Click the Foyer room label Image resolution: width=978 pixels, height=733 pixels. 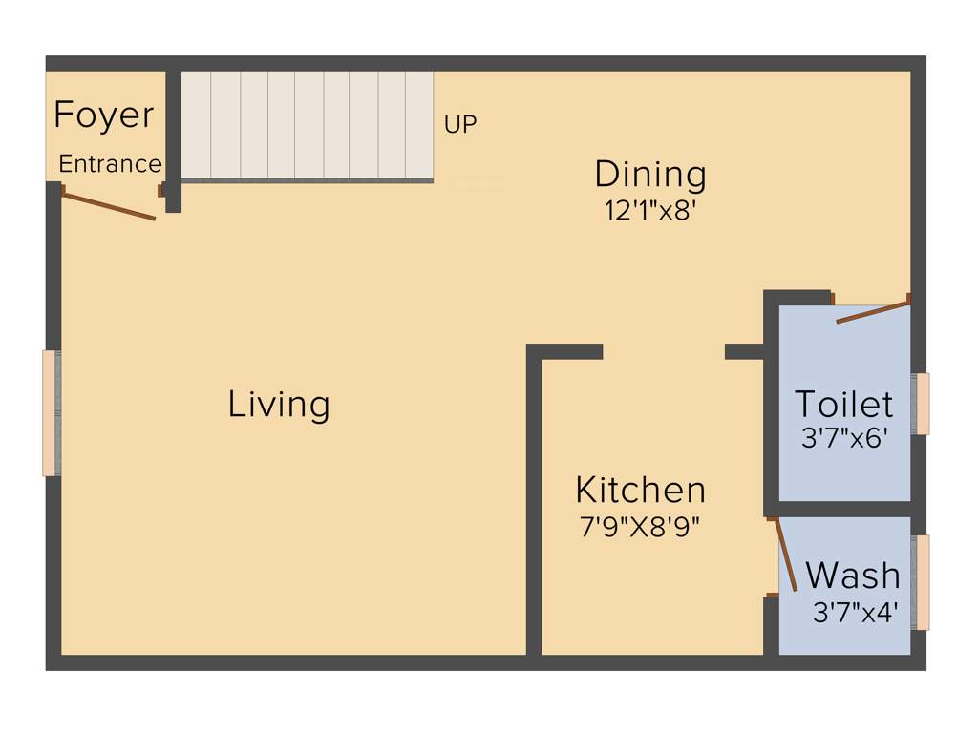(x=103, y=115)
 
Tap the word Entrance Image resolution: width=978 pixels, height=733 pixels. (x=110, y=164)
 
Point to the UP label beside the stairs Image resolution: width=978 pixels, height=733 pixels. (x=460, y=124)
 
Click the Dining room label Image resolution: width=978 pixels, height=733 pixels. (x=650, y=175)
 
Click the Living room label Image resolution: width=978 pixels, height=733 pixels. (x=279, y=405)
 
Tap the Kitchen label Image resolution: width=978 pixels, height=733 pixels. (x=641, y=491)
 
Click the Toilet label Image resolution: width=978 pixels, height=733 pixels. (x=844, y=405)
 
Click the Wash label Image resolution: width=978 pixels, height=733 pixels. (x=853, y=576)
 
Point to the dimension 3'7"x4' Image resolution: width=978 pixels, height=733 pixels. (x=855, y=612)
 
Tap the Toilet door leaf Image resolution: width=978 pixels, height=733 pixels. (x=872, y=312)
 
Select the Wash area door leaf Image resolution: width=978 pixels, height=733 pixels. (x=785, y=555)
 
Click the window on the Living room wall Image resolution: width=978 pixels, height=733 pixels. (x=52, y=412)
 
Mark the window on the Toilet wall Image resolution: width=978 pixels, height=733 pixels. (x=921, y=404)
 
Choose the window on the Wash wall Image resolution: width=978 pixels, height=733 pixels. (x=921, y=582)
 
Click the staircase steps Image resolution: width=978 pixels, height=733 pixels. (x=307, y=124)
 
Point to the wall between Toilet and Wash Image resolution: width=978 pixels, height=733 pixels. (x=844, y=509)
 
